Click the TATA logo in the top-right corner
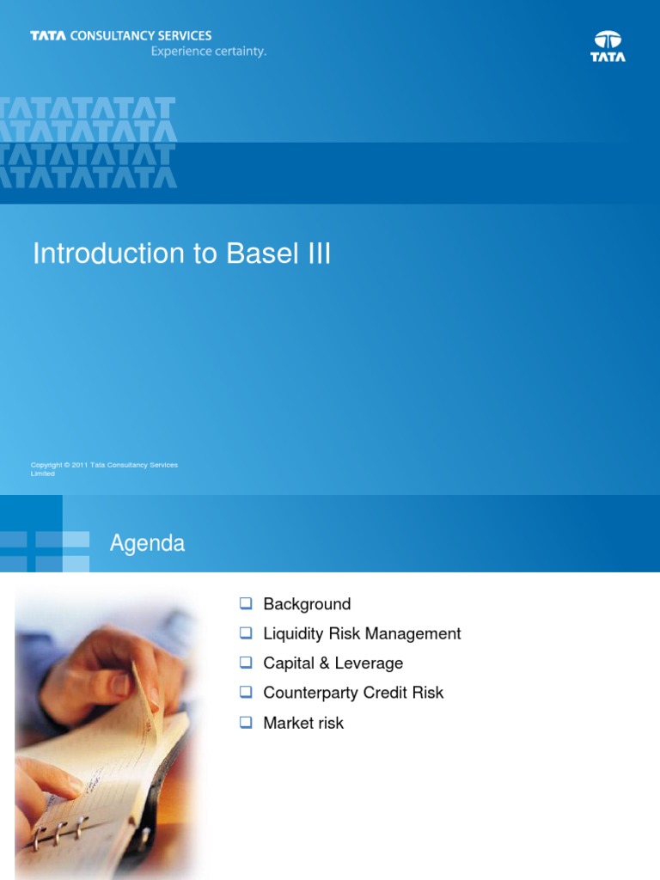608,46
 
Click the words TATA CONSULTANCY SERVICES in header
121,36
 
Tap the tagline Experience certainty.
209,52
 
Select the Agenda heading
147,544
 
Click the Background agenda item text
307,604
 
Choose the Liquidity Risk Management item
362,633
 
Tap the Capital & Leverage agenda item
333,663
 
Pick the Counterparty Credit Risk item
353,693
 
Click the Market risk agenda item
303,723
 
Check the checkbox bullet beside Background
245,604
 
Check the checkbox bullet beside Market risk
245,723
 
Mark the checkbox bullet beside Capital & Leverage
245,663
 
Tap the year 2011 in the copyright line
81,465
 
